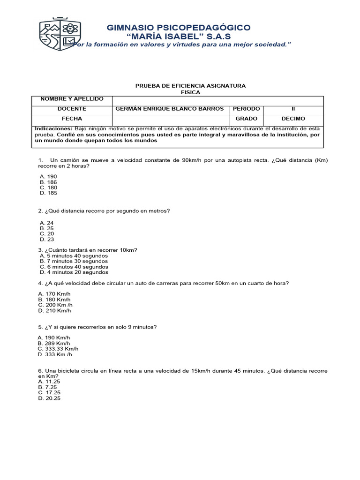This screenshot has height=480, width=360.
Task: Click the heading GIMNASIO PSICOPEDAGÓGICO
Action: (x=179, y=28)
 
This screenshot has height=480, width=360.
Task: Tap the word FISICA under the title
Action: (x=190, y=92)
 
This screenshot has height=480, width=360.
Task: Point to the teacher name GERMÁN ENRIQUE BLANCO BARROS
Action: (x=169, y=109)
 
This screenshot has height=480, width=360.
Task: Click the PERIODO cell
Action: (x=246, y=109)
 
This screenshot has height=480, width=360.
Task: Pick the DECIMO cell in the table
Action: (x=293, y=119)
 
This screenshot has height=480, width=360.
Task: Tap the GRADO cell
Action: (x=246, y=119)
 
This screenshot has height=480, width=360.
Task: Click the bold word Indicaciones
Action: (x=53, y=128)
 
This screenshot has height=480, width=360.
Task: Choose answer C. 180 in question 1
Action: (x=49, y=187)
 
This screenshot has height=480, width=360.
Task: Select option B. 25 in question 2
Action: (x=47, y=228)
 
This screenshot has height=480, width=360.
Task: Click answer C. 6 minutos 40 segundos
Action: (x=74, y=267)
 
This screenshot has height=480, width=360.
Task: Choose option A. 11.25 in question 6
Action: (x=50, y=382)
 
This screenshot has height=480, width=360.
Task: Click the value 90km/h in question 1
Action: (x=193, y=160)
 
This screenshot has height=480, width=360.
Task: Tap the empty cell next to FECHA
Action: (x=169, y=119)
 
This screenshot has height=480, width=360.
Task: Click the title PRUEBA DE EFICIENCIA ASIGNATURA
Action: (x=190, y=86)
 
